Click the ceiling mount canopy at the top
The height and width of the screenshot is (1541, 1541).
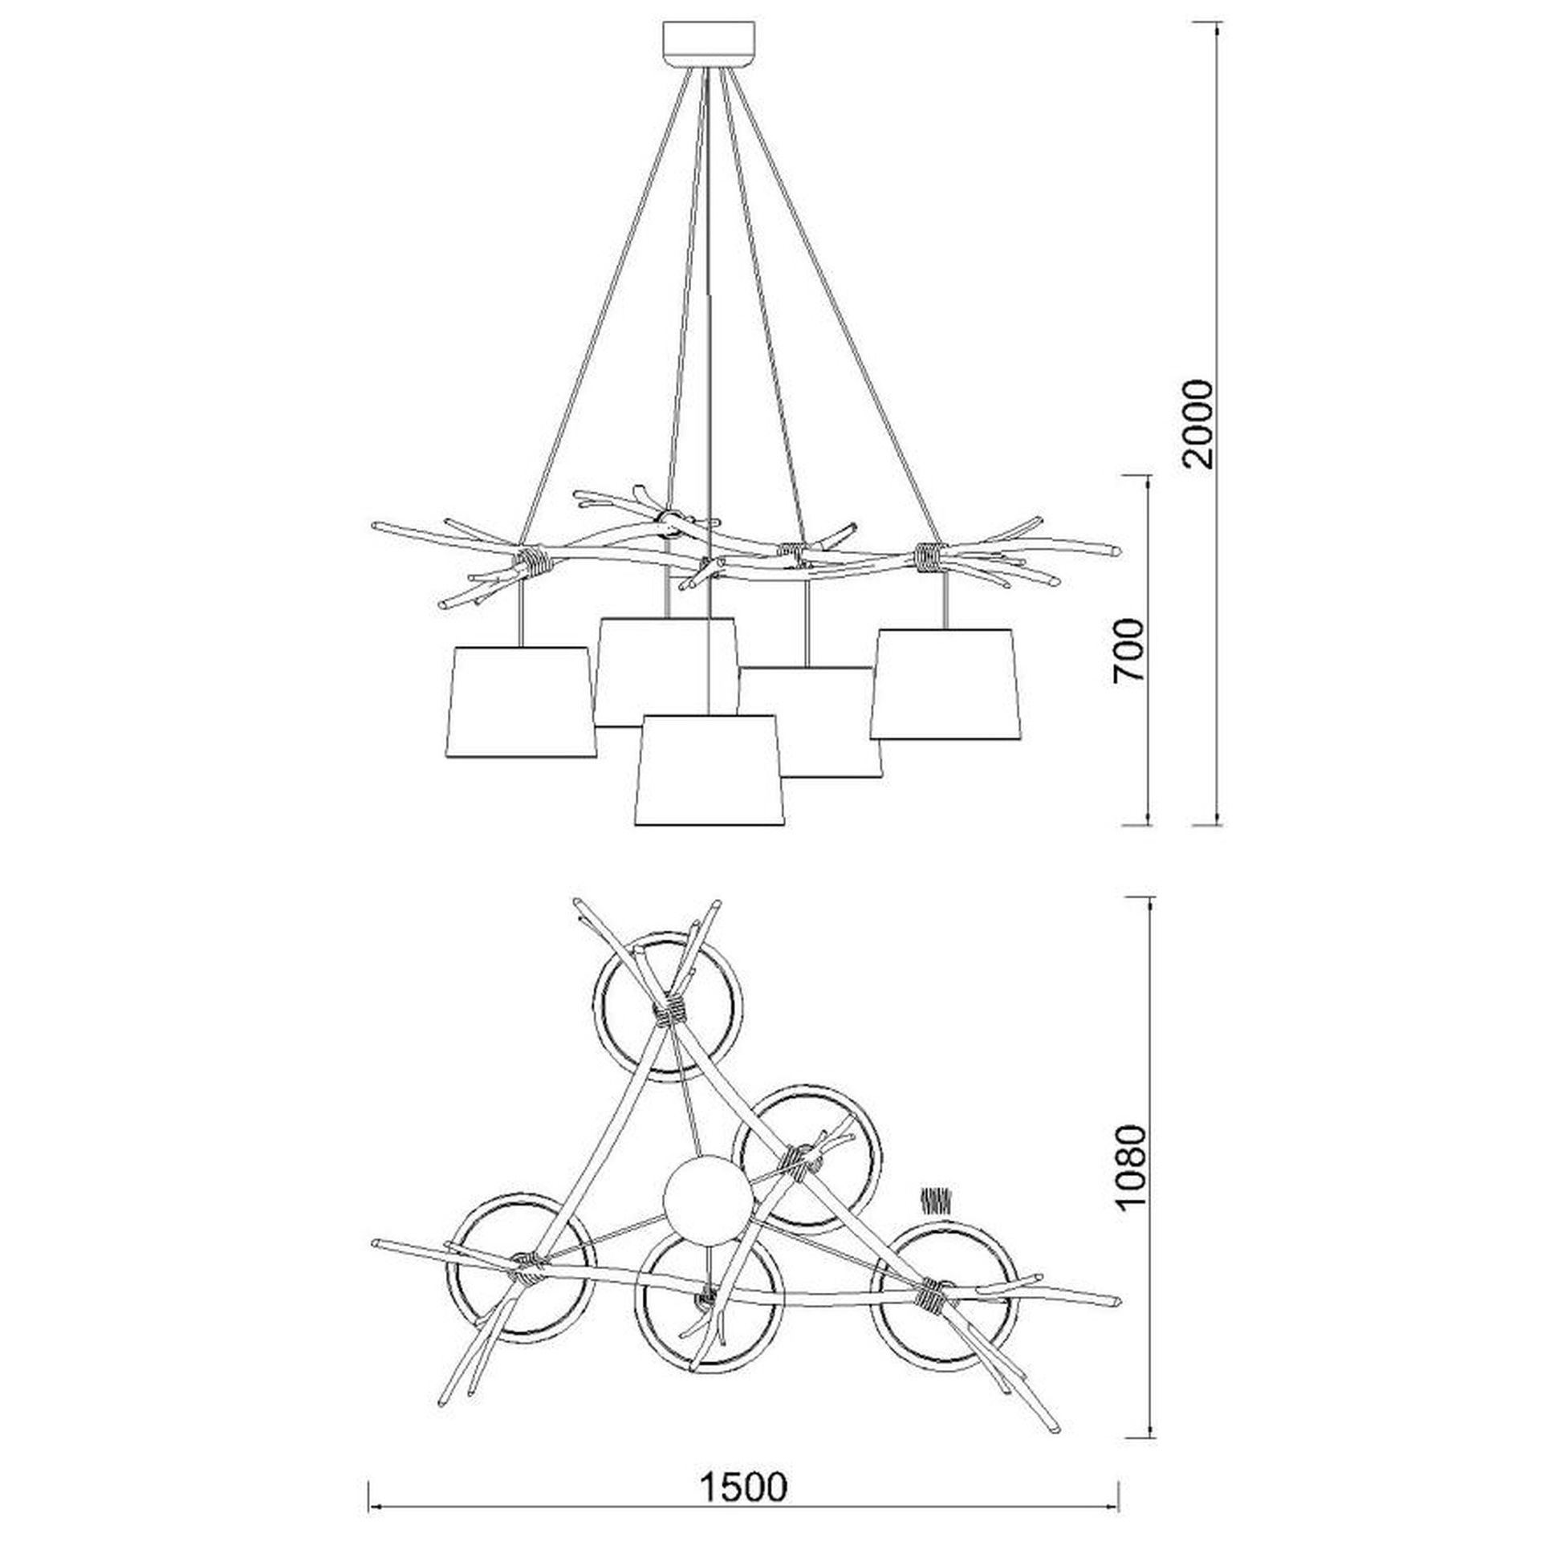[709, 45]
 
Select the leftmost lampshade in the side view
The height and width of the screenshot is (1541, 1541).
[521, 701]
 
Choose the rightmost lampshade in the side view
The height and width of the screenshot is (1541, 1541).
[945, 684]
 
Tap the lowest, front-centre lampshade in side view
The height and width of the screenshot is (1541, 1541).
[709, 770]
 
